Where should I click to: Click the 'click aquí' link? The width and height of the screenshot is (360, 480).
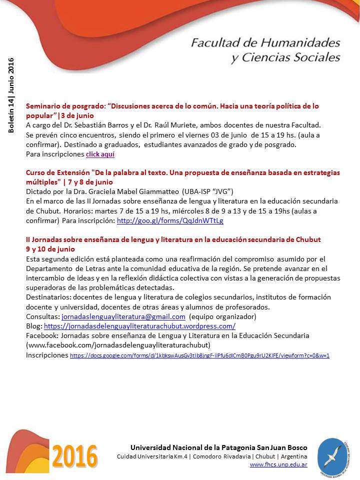100,154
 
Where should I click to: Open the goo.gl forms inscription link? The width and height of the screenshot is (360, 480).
170,220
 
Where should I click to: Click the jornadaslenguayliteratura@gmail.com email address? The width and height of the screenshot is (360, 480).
123,317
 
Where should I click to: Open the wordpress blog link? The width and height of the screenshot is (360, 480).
139,326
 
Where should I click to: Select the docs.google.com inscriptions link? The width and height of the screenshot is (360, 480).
199,356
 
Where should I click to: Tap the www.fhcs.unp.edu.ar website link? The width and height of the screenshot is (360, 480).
278,464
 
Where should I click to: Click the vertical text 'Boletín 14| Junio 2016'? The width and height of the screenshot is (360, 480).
11,95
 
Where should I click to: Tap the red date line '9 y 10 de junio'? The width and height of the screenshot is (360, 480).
50,248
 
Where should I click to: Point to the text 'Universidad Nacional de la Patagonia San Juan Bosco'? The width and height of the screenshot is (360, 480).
219,447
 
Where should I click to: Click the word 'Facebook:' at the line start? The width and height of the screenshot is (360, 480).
41,335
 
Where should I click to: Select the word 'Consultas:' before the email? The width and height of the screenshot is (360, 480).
42,317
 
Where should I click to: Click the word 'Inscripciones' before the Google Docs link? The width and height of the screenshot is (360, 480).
46,355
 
